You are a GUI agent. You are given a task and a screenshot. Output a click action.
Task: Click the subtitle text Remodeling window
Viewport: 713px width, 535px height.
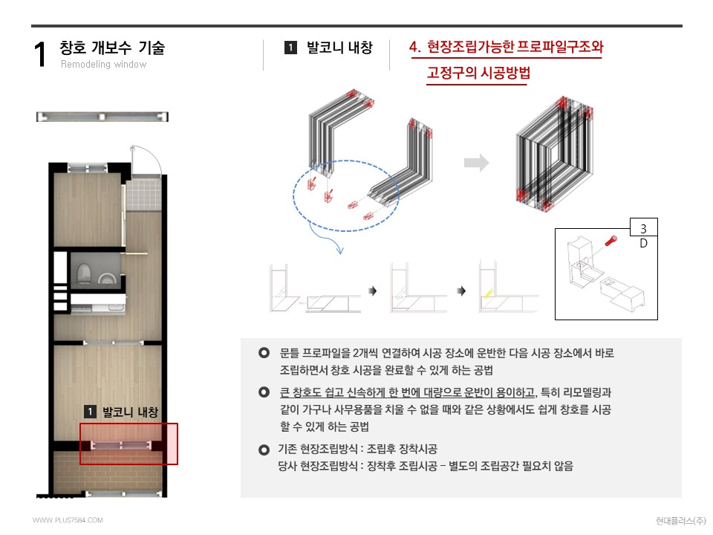103,65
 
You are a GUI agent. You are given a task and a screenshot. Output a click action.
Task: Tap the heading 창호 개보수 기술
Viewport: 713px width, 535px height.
112,48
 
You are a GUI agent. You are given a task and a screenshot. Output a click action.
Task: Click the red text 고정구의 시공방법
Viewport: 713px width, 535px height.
478,74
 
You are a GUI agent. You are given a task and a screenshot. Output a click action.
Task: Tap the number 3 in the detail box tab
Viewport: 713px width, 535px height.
643,228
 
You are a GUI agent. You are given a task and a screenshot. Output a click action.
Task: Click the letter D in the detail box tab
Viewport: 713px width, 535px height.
643,242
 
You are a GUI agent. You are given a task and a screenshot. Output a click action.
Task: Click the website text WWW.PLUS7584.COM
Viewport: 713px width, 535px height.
68,520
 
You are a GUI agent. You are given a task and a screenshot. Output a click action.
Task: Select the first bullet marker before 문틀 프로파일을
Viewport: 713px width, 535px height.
263,352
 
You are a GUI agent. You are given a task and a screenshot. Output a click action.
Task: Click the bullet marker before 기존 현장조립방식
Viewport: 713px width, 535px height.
263,450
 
